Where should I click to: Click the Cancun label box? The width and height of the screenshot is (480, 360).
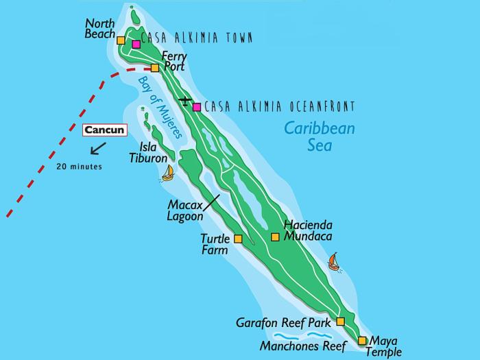[x=103, y=130]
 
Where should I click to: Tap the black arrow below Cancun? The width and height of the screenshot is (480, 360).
[x=99, y=147]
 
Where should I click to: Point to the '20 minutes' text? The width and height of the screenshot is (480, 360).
[x=80, y=167]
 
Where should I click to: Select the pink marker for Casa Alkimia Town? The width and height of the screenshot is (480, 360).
[x=136, y=45]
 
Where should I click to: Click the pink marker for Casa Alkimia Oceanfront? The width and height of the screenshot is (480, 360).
[x=197, y=106]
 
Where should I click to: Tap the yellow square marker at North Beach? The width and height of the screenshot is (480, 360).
[x=121, y=40]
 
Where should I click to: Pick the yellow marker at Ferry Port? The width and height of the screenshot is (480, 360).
[x=155, y=67]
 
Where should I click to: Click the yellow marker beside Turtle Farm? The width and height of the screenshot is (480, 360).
[x=238, y=239]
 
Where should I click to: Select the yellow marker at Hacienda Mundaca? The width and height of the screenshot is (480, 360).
[x=275, y=237]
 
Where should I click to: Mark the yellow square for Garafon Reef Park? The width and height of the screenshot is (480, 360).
[x=340, y=321]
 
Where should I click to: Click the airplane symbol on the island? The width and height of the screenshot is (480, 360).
[x=184, y=101]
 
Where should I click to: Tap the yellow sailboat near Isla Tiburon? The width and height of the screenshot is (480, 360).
[x=167, y=173]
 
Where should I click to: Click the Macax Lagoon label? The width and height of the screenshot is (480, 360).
[x=185, y=210]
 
